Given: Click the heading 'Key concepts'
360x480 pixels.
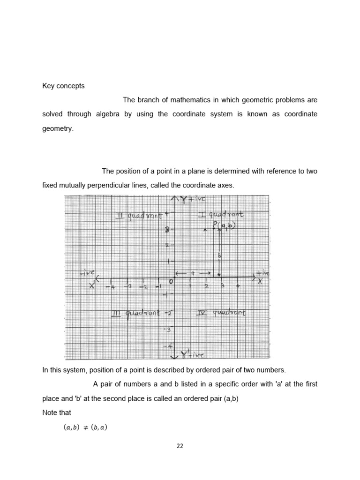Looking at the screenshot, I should (x=63, y=86).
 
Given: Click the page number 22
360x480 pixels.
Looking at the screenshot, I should (x=180, y=446).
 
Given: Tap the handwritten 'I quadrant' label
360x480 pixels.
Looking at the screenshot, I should (x=220, y=214).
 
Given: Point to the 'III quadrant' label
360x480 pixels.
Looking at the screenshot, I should (x=135, y=313).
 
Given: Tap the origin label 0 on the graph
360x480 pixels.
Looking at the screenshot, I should (x=171, y=282).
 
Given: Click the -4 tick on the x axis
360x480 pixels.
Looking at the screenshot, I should (x=112, y=286).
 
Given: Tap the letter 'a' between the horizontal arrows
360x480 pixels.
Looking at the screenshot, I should (x=193, y=273).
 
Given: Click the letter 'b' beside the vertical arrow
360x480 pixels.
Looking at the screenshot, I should (x=218, y=255).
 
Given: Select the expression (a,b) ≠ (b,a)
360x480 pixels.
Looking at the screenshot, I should (x=85, y=427).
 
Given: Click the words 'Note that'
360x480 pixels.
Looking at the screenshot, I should (x=57, y=412).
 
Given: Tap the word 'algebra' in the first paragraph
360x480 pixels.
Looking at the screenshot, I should (x=108, y=114).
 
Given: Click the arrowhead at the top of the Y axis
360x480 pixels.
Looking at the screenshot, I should (x=174, y=199).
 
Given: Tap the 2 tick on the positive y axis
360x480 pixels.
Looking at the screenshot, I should (x=166, y=245).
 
